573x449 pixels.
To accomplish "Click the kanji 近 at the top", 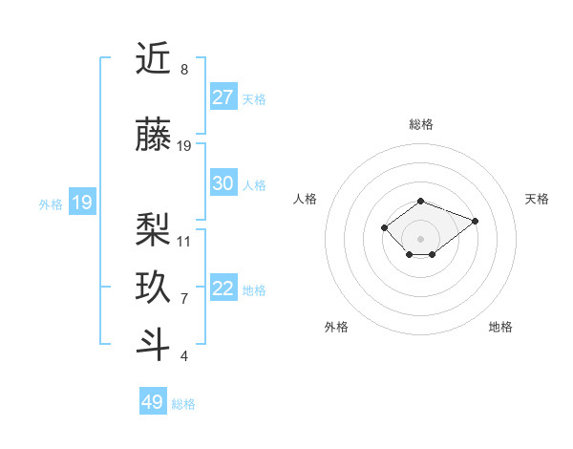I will pos(154,59).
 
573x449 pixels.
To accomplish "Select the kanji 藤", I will pos(154,135).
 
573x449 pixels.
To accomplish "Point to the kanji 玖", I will pos(154,288).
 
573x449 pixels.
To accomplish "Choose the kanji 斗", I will pos(154,345).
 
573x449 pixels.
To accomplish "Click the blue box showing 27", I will pos(223,96).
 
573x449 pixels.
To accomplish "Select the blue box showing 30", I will pos(223,183).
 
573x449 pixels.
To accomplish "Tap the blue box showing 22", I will pos(223,289).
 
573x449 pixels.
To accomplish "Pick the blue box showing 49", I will pos(153,402).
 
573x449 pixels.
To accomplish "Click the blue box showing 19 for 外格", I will pos(82,203).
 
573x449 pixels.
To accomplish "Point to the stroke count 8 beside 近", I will pos(183,70).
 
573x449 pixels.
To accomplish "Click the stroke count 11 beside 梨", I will pos(184,241).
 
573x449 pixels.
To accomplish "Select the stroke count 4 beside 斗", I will pos(183,356).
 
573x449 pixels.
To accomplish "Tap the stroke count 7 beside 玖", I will pos(183,299).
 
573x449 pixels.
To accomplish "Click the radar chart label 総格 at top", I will pos(421,124).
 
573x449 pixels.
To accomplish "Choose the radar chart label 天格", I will pos(538,199).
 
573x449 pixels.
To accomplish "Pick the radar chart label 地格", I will pos(500,327).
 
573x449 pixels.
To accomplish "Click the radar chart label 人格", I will pos(306,199).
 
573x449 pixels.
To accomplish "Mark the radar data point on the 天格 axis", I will pos(475,221).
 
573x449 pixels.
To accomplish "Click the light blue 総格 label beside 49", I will pos(184,404).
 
